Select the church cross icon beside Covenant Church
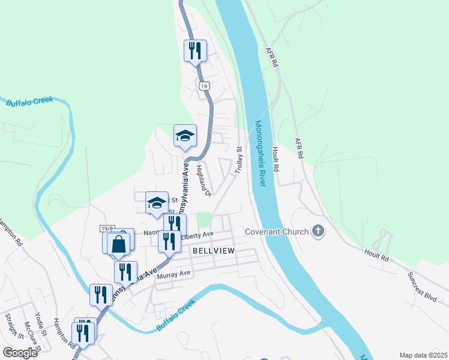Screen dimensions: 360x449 click(x=318, y=231)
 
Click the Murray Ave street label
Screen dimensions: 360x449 click(x=173, y=274)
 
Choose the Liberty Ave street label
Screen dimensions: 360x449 click(x=200, y=235)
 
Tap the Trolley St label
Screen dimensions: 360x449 click(x=238, y=161)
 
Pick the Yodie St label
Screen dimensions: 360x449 click(x=41, y=325)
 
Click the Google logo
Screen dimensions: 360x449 click(x=20, y=352)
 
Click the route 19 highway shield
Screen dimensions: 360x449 click(x=205, y=86)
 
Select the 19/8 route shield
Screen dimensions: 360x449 click(x=107, y=229)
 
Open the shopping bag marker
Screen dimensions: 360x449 click(x=119, y=244)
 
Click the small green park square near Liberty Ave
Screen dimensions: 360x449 click(x=205, y=220)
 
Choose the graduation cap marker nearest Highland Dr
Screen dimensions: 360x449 click(x=185, y=136)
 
